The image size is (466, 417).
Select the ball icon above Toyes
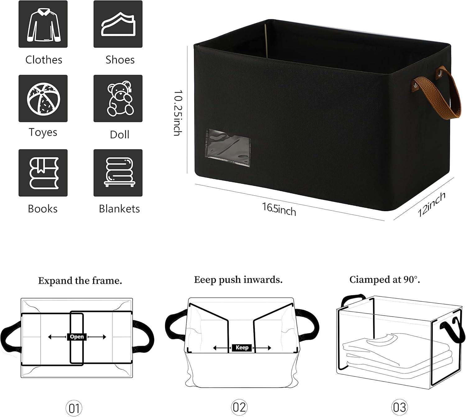[x=43, y=98]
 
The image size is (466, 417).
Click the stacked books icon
[x=43, y=173]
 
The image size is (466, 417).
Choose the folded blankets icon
[x=118, y=173]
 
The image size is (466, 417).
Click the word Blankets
[x=119, y=209]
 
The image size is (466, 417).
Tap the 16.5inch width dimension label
[x=279, y=209]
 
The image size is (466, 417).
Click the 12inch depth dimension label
[x=432, y=204]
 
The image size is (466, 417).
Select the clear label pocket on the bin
[x=228, y=147]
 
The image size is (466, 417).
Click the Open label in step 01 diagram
[x=76, y=337]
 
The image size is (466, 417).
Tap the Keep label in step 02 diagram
[x=242, y=348]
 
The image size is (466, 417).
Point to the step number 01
[x=74, y=408]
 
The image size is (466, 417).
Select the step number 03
[x=399, y=407]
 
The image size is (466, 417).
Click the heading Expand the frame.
[x=80, y=281]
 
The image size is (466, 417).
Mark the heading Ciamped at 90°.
[x=385, y=280]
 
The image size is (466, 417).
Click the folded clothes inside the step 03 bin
[x=395, y=354]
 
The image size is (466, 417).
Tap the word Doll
[x=120, y=135]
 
